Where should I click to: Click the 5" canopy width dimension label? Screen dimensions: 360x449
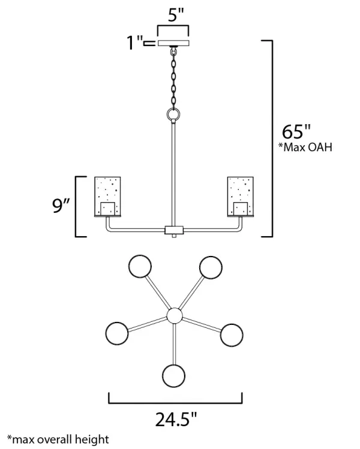click(x=175, y=15)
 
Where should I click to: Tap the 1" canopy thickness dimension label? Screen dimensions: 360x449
click(x=135, y=43)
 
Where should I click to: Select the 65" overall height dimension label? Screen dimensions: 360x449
click(x=296, y=132)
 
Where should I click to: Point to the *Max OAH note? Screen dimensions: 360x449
click(x=305, y=147)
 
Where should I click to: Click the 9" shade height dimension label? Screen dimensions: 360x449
click(x=61, y=205)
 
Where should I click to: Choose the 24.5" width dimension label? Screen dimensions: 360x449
click(x=176, y=420)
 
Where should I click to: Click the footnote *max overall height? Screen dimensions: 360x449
click(x=58, y=439)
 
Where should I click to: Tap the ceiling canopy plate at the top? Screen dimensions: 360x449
click(x=173, y=43)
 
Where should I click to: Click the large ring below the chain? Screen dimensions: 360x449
click(x=173, y=115)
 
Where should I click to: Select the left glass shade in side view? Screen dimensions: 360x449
click(x=108, y=197)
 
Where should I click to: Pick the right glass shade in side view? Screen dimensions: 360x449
click(x=241, y=197)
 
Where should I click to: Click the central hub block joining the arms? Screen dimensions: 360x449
click(x=174, y=230)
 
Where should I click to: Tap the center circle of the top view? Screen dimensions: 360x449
click(x=175, y=316)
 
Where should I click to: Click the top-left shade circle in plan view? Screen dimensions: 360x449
click(x=140, y=266)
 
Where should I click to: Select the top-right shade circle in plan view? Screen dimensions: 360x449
click(x=211, y=267)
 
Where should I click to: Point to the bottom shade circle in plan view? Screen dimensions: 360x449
click(x=173, y=376)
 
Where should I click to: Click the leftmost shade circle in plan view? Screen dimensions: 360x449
click(x=117, y=333)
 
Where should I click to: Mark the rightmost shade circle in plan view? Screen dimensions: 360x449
click(x=232, y=335)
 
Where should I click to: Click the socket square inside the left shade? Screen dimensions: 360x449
click(x=108, y=209)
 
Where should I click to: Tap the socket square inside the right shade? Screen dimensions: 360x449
click(x=241, y=209)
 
